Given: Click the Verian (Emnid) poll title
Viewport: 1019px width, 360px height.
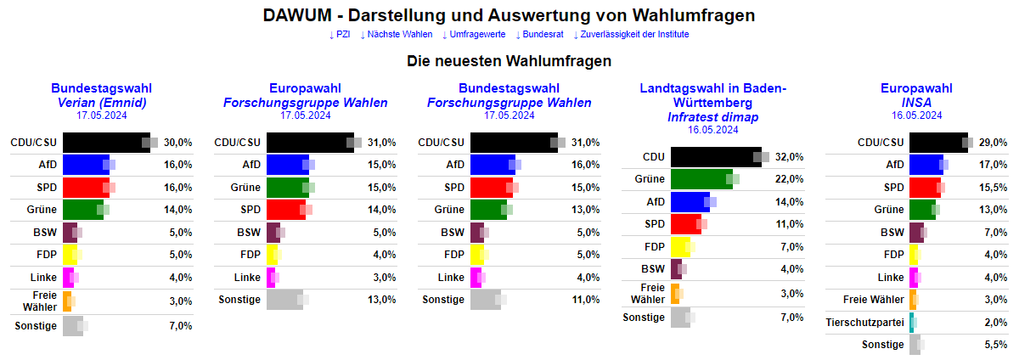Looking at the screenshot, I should tap(101, 103).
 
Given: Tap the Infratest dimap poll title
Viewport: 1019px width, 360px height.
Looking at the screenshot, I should tap(712, 117).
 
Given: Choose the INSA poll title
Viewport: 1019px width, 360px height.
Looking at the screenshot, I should tap(916, 103).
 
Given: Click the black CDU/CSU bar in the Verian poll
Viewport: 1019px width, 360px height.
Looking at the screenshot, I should tap(105, 143).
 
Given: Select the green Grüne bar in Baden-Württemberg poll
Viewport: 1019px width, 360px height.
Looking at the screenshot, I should tap(701, 179).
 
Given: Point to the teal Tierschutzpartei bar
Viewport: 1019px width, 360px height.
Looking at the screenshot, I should tap(912, 323).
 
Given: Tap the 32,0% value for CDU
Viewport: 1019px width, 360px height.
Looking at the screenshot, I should tap(789, 157).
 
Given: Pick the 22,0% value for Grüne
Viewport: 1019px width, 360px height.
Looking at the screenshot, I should tap(789, 179).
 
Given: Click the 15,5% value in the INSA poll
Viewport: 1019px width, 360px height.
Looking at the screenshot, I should tap(993, 187).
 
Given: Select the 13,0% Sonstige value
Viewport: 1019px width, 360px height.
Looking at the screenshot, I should tap(381, 299).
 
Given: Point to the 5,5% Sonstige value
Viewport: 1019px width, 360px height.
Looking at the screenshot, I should tap(995, 345).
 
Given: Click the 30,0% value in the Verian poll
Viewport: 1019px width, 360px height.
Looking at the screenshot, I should tap(177, 143).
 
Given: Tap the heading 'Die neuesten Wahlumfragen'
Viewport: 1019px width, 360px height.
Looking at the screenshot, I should tap(509, 61).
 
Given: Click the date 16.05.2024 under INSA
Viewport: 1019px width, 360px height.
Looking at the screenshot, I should tap(916, 115).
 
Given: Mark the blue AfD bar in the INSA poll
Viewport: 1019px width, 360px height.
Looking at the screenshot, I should tap(926, 165).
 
